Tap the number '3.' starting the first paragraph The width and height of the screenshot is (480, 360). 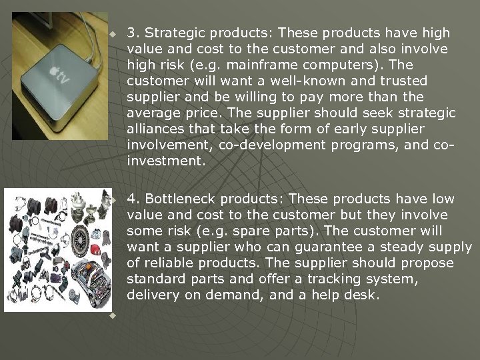pos(133,33)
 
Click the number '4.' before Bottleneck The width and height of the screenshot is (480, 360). pos(133,199)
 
